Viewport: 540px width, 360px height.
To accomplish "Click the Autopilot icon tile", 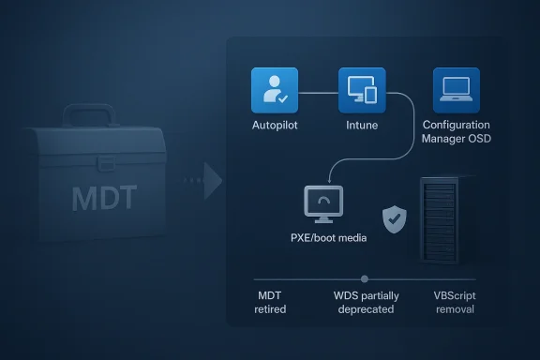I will [x=274, y=90].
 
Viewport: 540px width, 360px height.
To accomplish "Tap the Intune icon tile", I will [x=361, y=90].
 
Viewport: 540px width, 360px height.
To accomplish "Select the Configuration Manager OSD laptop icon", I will [x=456, y=90].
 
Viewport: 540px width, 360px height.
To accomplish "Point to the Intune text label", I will [x=361, y=125].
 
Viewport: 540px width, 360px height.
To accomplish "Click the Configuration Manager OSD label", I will [x=457, y=132].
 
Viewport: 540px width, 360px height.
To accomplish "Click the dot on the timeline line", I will [x=365, y=278].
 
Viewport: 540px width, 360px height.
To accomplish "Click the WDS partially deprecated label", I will [x=366, y=302].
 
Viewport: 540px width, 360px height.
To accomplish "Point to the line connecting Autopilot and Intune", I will [x=317, y=92].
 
